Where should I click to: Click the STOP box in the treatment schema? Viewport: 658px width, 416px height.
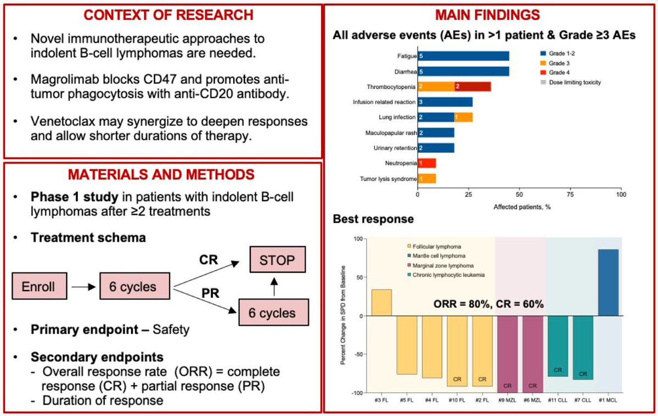[x=277, y=260]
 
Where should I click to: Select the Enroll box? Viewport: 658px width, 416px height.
[x=39, y=286]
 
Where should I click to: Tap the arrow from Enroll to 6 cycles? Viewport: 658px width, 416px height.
[x=83, y=287]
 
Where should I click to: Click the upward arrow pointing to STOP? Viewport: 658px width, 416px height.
[x=274, y=286]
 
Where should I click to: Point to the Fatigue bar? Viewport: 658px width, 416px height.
[x=463, y=56]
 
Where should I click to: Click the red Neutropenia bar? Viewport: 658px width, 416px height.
[x=427, y=163]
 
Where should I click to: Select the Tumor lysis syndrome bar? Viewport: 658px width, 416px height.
[x=427, y=179]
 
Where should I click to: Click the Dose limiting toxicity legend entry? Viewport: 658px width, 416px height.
[x=571, y=82]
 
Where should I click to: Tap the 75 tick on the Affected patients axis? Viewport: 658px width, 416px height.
[x=570, y=195]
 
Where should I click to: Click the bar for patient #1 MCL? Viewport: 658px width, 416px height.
[x=608, y=282]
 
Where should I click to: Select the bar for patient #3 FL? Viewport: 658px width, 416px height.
[x=381, y=303]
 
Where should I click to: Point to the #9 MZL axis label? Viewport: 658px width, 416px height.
[x=507, y=401]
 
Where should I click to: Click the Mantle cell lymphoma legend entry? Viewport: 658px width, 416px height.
[x=436, y=256]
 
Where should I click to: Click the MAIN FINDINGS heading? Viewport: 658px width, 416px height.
[x=487, y=15]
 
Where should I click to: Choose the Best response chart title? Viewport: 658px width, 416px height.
[x=373, y=219]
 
